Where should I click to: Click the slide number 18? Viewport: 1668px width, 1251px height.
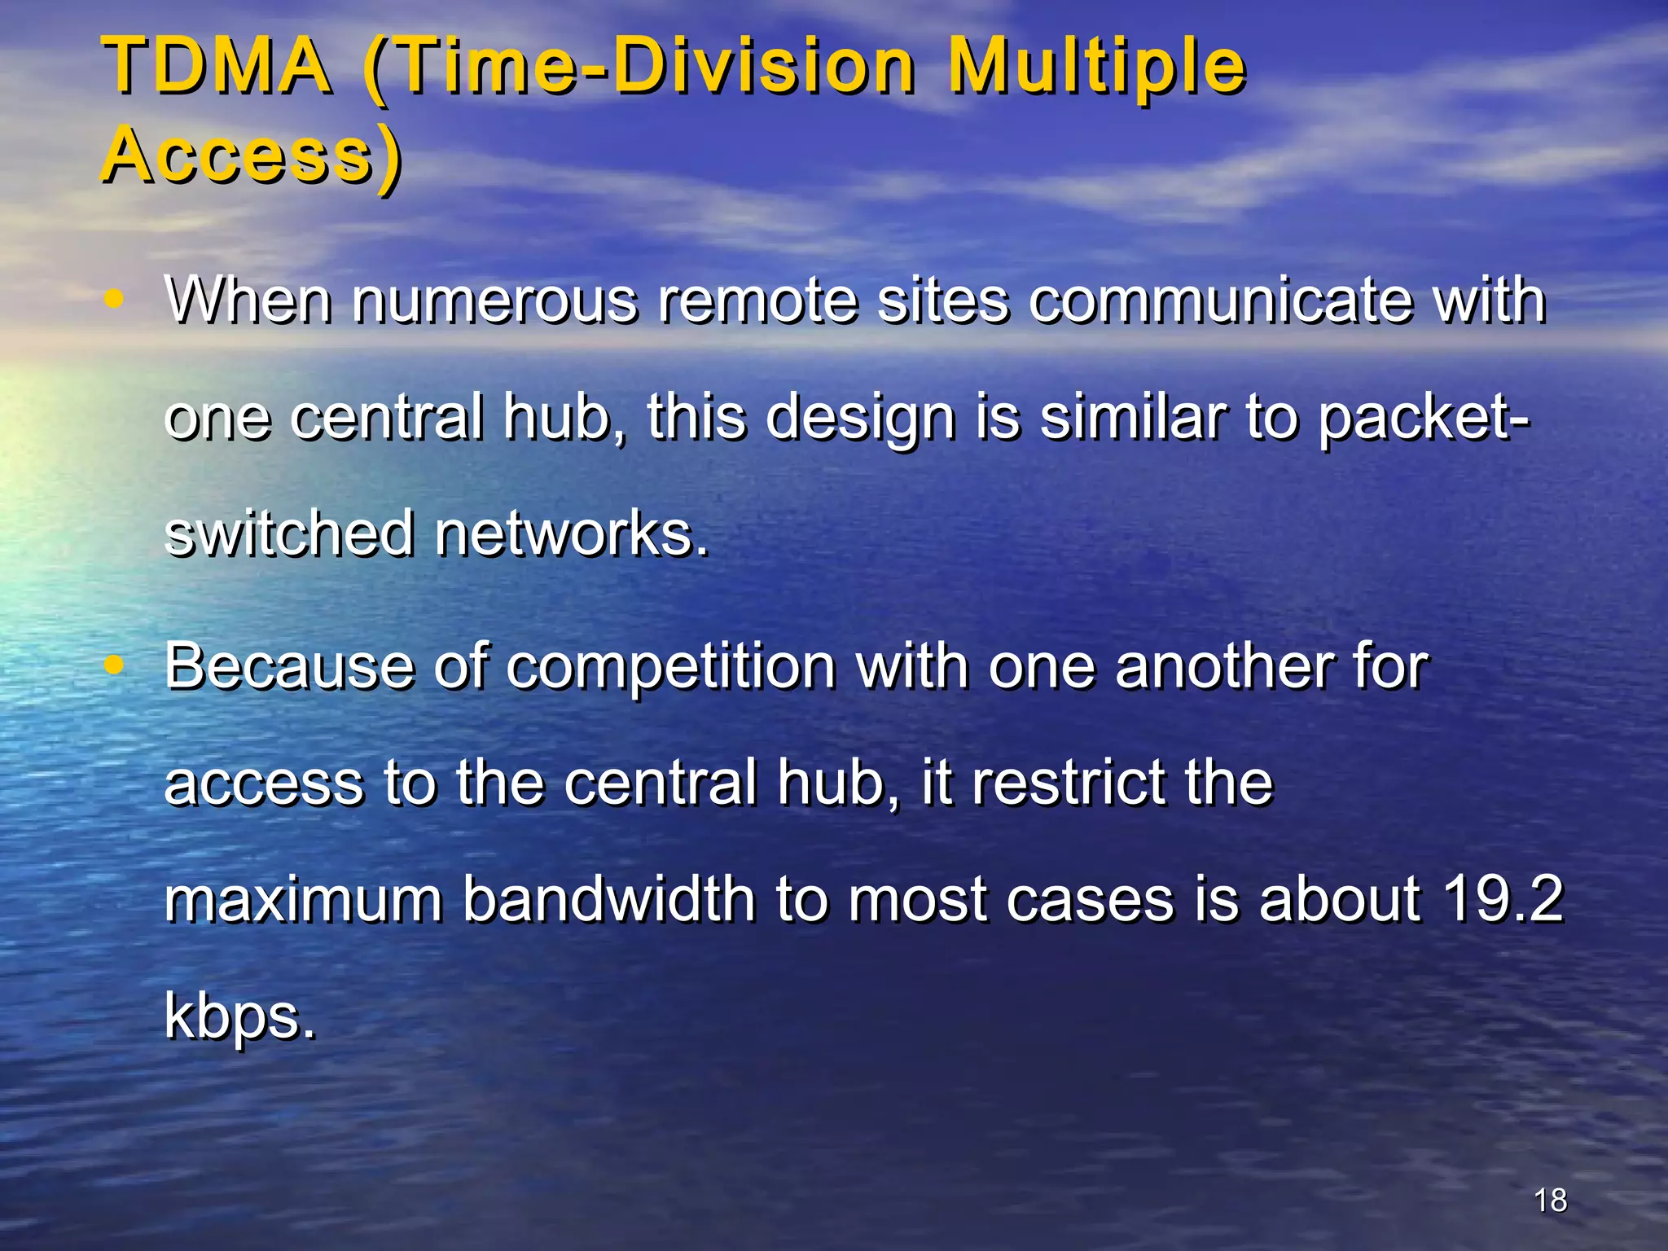coord(1550,1200)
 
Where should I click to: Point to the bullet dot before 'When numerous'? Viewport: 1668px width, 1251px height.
coord(115,299)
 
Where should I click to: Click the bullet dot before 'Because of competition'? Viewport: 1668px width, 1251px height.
coord(115,665)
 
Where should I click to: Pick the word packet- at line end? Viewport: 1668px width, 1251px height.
coord(1424,419)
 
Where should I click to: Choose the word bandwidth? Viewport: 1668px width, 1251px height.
coord(609,899)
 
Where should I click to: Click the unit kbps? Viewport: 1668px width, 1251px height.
coord(239,1018)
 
